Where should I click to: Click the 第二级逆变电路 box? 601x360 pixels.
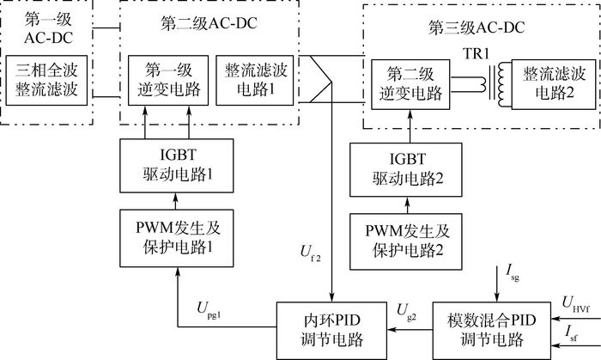(x=409, y=83)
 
